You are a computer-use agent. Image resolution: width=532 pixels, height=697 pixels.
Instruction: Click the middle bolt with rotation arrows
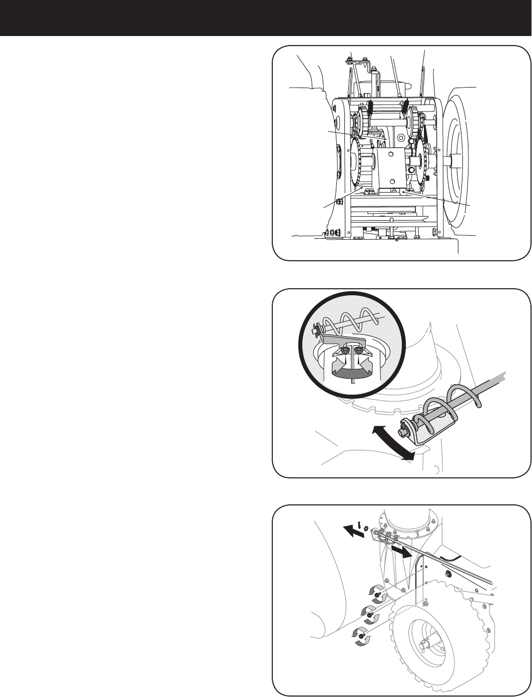[371, 614]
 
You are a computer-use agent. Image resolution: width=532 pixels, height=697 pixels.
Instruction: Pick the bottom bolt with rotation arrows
[361, 635]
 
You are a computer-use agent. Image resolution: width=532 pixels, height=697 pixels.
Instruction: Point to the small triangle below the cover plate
[393, 191]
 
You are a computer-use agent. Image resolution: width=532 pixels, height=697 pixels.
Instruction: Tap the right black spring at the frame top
[406, 106]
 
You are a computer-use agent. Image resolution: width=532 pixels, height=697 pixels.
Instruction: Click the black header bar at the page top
[266, 18]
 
